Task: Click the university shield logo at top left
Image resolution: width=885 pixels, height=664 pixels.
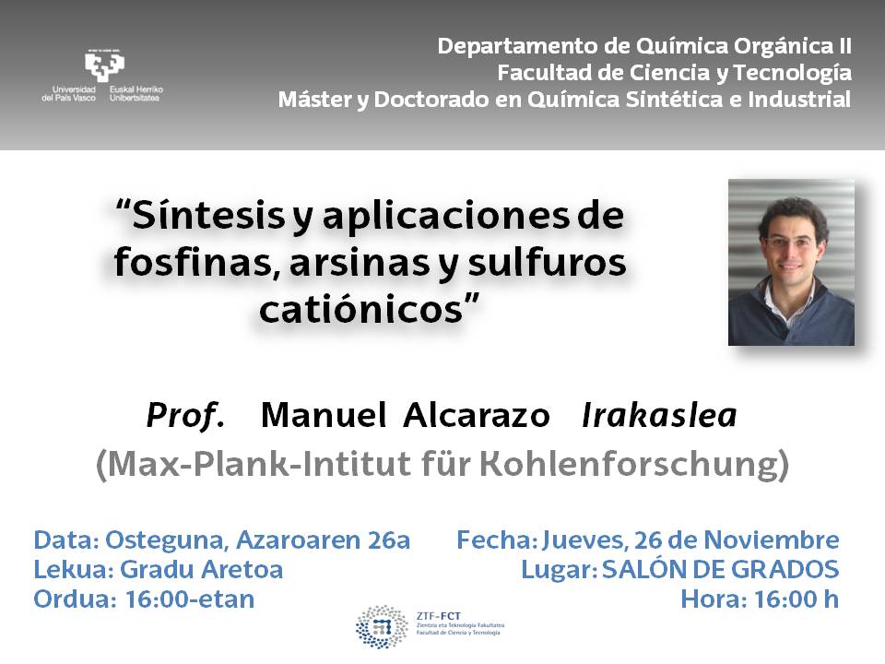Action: pyautogui.click(x=104, y=66)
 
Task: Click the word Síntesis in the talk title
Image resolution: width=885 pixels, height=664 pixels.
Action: pyautogui.click(x=208, y=216)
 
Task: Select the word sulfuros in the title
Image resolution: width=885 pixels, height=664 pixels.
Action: pyautogui.click(x=547, y=263)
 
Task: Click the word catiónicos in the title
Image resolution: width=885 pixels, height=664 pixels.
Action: pyautogui.click(x=361, y=310)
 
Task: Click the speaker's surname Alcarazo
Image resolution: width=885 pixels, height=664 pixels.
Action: pyautogui.click(x=477, y=416)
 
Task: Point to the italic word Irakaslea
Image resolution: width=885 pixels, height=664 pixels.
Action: pyautogui.click(x=659, y=416)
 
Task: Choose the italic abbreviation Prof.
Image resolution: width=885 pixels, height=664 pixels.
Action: pyautogui.click(x=185, y=416)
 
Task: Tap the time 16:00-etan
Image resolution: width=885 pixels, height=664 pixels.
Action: pyautogui.click(x=190, y=599)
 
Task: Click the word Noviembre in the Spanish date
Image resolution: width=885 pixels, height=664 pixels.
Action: pyautogui.click(x=771, y=539)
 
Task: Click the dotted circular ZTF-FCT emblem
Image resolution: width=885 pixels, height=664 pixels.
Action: pyautogui.click(x=382, y=627)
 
